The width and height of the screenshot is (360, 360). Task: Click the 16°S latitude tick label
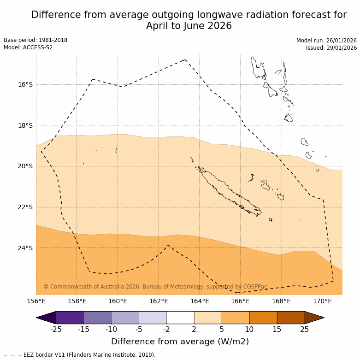click(x=26, y=84)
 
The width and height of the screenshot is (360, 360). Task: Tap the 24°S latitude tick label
click(x=26, y=248)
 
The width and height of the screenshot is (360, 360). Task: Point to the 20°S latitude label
click(x=26, y=166)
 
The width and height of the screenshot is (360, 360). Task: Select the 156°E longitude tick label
click(x=36, y=301)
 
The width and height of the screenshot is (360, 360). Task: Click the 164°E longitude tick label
click(x=200, y=301)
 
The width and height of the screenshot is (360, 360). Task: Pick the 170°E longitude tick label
click(x=322, y=301)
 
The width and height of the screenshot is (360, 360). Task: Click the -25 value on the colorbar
click(x=56, y=329)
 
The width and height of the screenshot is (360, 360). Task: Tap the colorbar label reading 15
click(x=277, y=329)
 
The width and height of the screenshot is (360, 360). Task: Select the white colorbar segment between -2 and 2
click(x=180, y=318)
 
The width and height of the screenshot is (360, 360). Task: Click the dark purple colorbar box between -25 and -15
click(x=70, y=318)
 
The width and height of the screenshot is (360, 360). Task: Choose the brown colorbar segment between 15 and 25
click(x=291, y=318)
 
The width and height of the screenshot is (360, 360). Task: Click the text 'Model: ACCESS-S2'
click(x=28, y=47)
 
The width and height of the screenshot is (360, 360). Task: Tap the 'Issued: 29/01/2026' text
click(x=331, y=47)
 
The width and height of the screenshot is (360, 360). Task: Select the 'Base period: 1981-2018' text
click(x=35, y=40)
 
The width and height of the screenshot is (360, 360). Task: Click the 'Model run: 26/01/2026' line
click(x=326, y=40)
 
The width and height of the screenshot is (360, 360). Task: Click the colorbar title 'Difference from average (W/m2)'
click(x=180, y=342)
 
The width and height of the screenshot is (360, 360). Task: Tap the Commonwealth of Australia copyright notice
click(x=155, y=287)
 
